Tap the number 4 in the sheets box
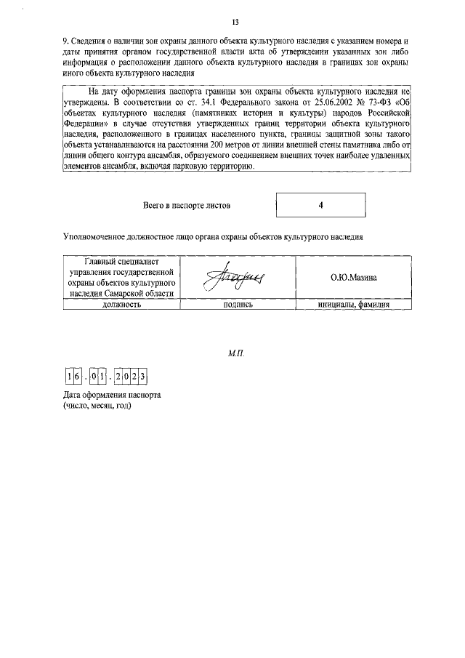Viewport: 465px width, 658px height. tap(320, 206)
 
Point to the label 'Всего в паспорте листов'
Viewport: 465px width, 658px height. tap(187, 206)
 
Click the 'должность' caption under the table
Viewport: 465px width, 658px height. tap(121, 305)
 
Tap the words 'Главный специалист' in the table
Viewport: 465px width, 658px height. tap(121, 261)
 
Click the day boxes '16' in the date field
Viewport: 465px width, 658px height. tap(73, 377)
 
